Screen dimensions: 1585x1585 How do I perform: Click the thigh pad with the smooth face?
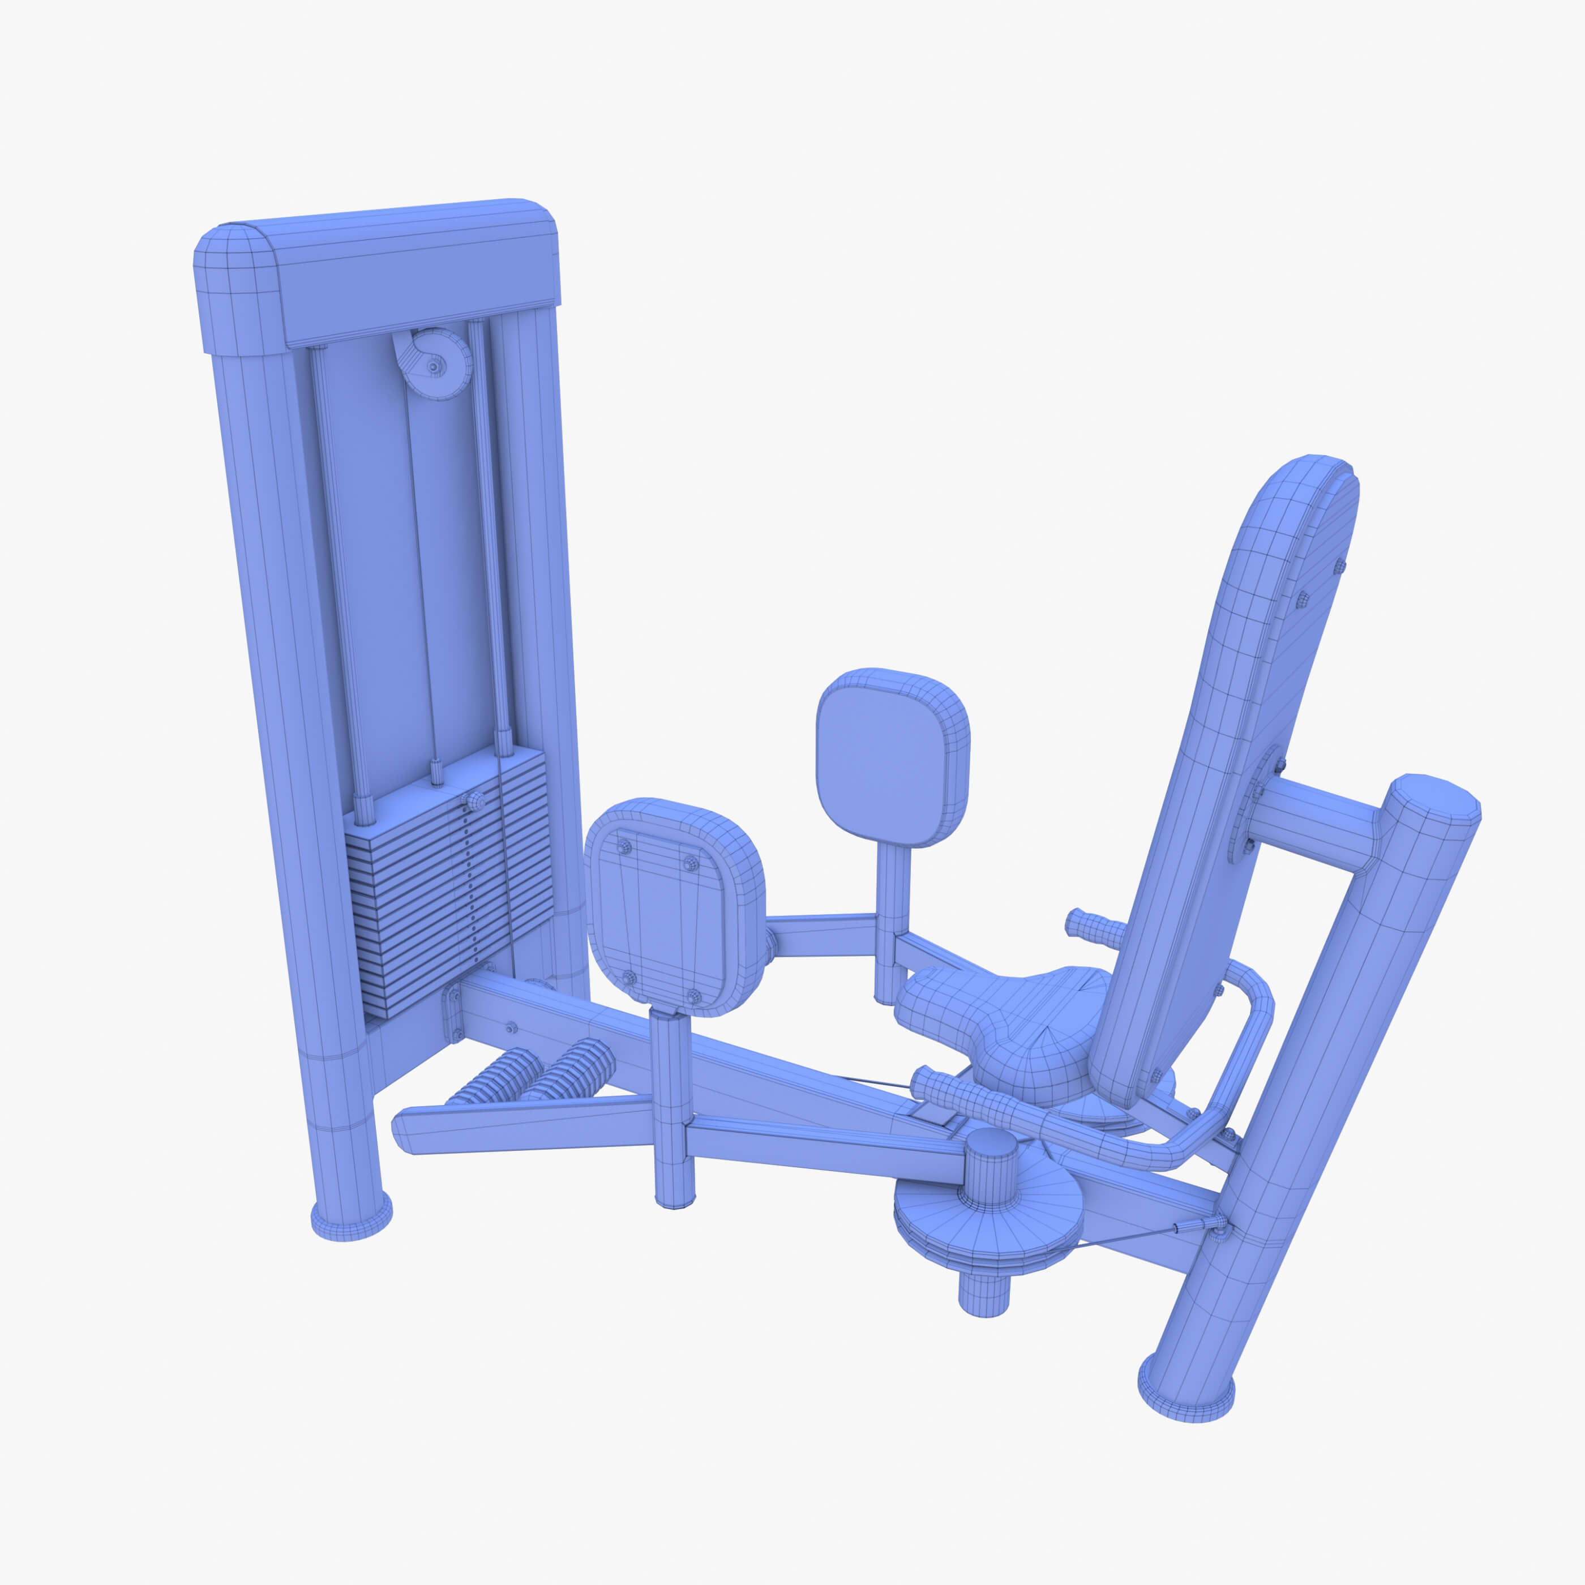(x=890, y=755)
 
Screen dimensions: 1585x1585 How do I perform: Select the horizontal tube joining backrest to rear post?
(x=1321, y=816)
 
